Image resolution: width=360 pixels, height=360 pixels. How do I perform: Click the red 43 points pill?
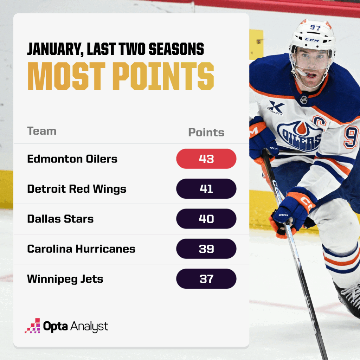[x=206, y=159]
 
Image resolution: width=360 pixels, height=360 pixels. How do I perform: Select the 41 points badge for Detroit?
[x=206, y=189]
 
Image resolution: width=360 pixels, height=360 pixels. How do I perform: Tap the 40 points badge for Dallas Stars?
[x=206, y=219]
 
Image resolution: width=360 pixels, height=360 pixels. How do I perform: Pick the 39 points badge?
[x=206, y=249]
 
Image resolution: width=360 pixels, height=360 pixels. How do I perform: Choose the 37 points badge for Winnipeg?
[x=206, y=279]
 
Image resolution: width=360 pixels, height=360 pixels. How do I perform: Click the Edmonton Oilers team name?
[x=72, y=159]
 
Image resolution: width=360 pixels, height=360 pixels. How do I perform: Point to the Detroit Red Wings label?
[x=77, y=189]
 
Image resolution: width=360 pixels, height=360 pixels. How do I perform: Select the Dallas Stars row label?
[x=60, y=219]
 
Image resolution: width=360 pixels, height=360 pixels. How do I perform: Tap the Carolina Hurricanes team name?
[x=81, y=249]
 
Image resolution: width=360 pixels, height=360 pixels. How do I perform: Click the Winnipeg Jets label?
[x=65, y=279]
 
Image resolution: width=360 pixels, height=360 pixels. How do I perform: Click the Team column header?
[x=41, y=131]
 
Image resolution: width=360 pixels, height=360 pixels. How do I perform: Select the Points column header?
[x=206, y=133]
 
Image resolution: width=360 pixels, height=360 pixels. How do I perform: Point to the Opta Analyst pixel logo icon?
[x=32, y=326]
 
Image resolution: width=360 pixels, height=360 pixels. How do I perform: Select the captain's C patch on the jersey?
[x=319, y=122]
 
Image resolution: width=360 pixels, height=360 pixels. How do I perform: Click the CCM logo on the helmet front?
[x=311, y=40]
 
